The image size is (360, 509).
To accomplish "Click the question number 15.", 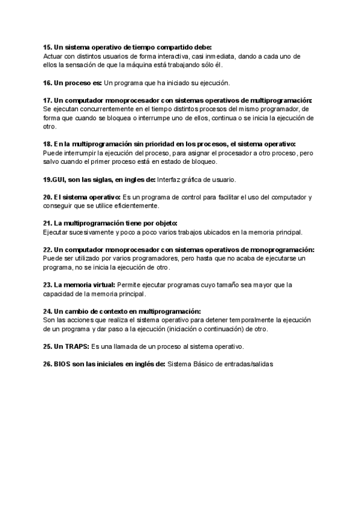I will (47, 47).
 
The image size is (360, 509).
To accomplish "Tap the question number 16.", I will (47, 82).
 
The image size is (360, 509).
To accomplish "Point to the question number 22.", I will (47, 250).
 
